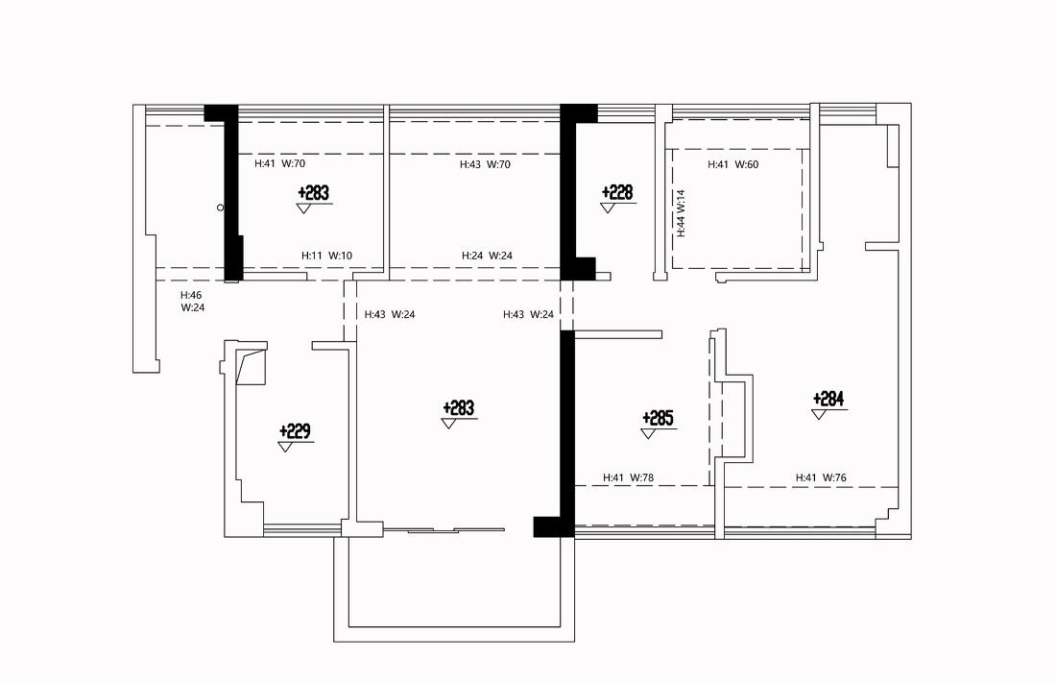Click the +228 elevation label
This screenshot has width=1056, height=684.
click(x=617, y=193)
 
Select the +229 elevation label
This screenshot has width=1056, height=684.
click(x=295, y=430)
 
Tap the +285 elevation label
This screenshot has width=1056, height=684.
click(x=658, y=419)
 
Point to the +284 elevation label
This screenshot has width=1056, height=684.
click(x=828, y=399)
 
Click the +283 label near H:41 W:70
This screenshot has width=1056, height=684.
click(x=314, y=193)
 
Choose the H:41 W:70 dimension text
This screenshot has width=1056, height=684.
click(x=280, y=163)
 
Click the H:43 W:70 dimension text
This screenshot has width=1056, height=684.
click(x=485, y=164)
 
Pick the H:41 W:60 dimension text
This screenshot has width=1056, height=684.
click(x=733, y=164)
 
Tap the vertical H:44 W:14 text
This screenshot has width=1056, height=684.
click(x=682, y=213)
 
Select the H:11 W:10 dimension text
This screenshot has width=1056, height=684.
click(x=326, y=256)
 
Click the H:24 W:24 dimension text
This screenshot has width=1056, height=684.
click(x=487, y=256)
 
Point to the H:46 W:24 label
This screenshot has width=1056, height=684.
click(x=193, y=302)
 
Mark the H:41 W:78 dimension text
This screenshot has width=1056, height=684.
click(x=629, y=477)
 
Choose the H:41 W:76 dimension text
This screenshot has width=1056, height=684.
click(x=821, y=477)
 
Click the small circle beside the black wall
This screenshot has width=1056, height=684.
click(x=220, y=208)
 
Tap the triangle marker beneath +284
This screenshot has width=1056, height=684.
click(x=819, y=414)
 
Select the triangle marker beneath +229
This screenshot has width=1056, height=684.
click(x=285, y=447)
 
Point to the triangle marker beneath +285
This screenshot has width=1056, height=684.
click(x=649, y=434)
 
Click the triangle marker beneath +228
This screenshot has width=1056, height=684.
click(x=608, y=208)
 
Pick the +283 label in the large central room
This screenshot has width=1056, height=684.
click(x=459, y=408)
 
